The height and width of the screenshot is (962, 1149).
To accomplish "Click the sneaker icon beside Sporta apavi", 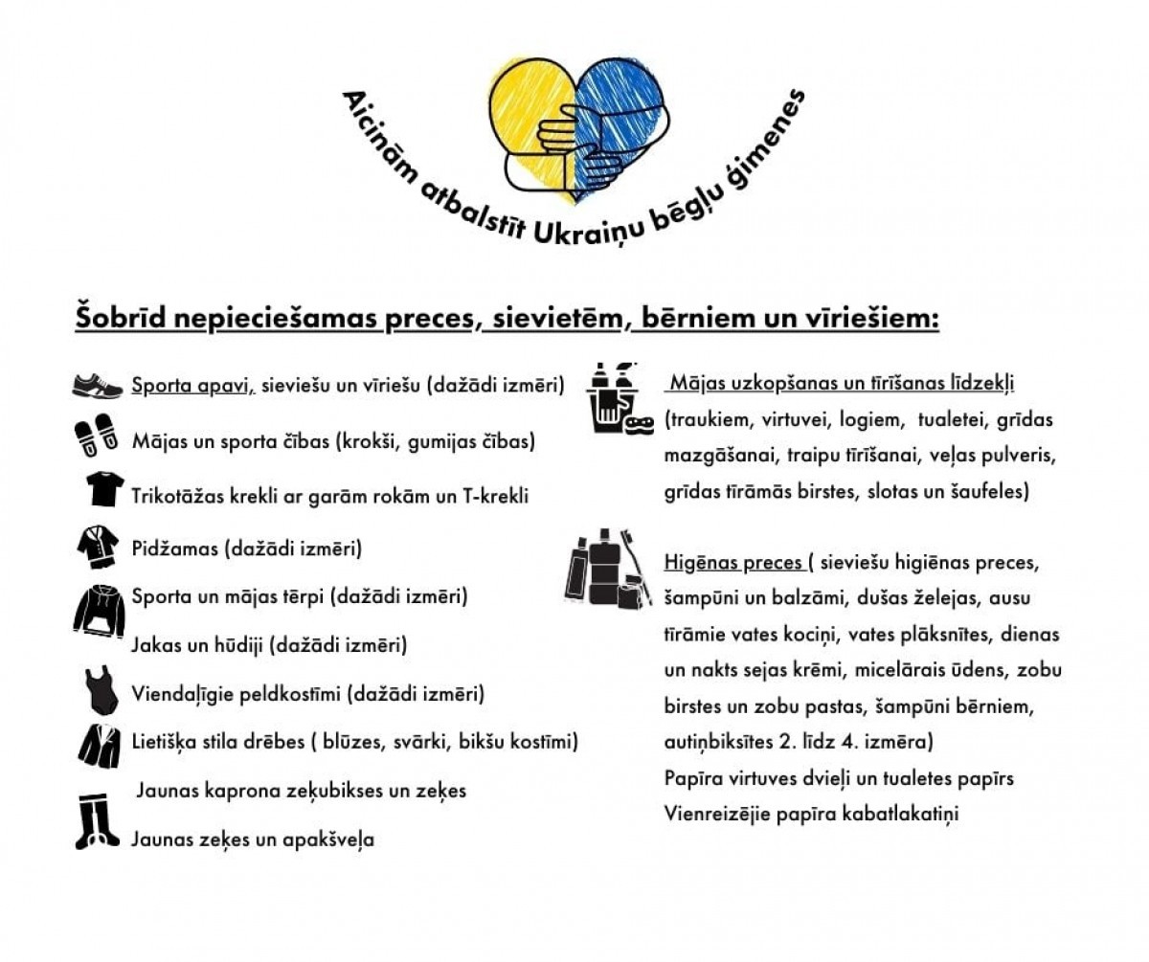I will pos(98,386).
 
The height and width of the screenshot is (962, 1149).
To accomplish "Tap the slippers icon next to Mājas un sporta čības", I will pos(96,436).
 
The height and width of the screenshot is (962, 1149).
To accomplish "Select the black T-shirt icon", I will pos(103,489).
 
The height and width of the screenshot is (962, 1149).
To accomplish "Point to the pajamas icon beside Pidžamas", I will pos(98,547).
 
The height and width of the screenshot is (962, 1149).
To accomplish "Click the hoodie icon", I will pos(99,613).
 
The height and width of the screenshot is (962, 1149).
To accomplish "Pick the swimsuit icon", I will pos(100,690).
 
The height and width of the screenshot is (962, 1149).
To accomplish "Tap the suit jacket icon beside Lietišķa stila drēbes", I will pos(99,745).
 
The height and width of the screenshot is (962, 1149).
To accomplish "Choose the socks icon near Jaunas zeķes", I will pos(97,821).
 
